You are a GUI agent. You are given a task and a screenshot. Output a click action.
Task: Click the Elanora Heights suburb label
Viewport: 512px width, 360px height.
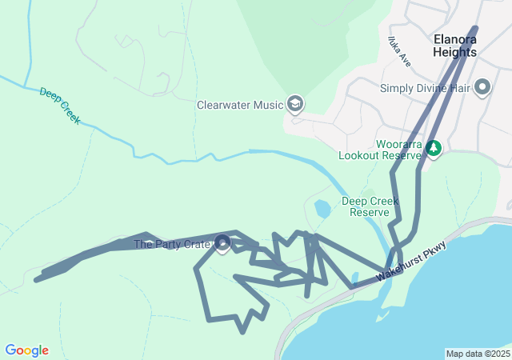tap(454, 45)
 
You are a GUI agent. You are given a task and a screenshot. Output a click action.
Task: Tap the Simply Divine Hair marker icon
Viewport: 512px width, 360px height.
tap(482, 87)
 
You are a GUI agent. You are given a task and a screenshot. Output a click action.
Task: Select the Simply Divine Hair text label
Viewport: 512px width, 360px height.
tap(424, 88)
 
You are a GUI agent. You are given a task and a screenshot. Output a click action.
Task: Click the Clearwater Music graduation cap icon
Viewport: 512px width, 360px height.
tap(295, 104)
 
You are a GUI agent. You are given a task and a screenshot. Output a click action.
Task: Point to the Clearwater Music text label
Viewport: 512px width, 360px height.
tap(241, 105)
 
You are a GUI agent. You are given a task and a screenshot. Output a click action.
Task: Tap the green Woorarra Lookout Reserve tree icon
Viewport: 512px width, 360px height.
tap(434, 148)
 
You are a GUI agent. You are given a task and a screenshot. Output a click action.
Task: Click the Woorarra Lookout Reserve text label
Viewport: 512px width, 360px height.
tap(380, 150)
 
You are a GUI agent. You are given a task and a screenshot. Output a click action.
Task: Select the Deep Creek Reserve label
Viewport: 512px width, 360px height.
tap(370, 206)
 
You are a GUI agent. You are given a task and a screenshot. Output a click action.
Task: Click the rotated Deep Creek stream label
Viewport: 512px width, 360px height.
tap(60, 105)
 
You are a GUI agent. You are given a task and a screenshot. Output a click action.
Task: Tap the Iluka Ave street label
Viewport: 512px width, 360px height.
tap(398, 51)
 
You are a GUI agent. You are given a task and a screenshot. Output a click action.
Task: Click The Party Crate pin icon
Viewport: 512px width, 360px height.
tap(223, 242)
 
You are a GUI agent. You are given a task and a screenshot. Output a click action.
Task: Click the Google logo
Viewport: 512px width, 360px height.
tap(26, 350)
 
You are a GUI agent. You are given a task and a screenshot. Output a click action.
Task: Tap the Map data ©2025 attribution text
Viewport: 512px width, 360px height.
tap(477, 354)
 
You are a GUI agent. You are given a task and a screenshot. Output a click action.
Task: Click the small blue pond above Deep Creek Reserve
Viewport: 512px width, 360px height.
tap(322, 210)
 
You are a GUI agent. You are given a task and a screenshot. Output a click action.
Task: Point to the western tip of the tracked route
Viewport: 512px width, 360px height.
tap(36, 279)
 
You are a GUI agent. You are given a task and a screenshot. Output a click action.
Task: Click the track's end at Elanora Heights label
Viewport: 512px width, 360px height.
tap(475, 29)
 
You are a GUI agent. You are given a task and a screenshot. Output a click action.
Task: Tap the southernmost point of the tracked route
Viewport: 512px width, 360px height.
tap(242, 331)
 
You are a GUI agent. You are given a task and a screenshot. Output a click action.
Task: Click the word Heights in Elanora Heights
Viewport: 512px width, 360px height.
tap(454, 52)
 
